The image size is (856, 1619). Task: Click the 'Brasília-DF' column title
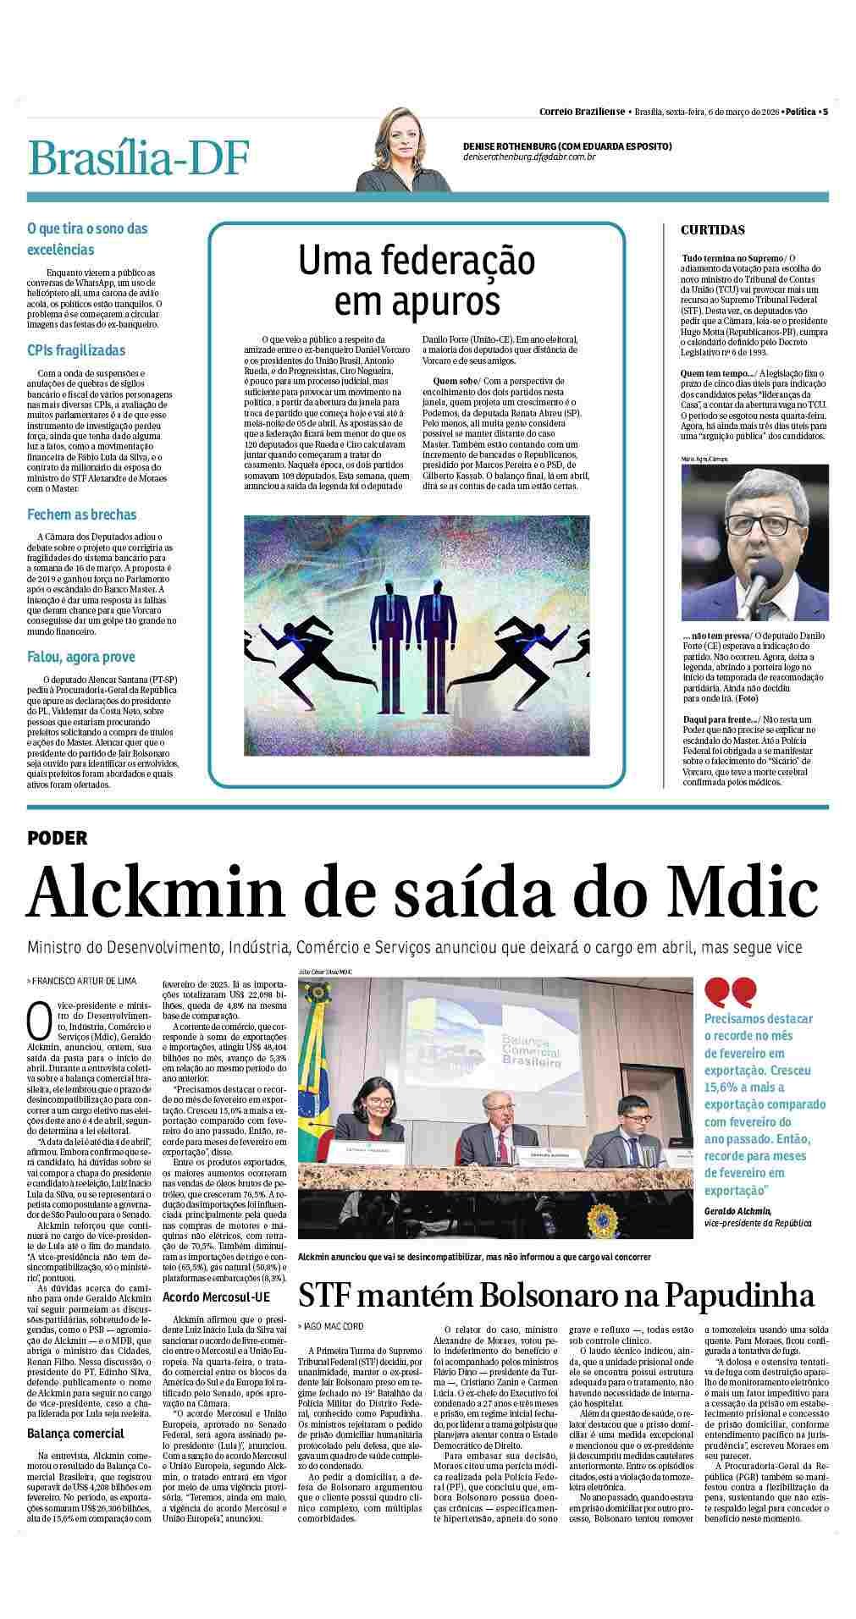(139, 158)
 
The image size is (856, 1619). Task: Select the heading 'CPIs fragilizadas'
(76, 350)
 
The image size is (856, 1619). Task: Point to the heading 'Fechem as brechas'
(81, 515)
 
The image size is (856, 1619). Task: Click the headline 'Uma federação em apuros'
(417, 280)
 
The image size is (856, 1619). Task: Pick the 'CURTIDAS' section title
(713, 230)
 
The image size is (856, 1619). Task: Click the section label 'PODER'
(58, 838)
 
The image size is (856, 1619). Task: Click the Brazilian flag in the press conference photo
(320, 1088)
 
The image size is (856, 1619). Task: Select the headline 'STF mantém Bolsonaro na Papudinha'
(555, 1296)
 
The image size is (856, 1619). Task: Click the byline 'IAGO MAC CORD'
(333, 1325)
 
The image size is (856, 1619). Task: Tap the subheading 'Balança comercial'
(75, 1433)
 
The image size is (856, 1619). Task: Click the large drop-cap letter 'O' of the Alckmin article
(39, 1021)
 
